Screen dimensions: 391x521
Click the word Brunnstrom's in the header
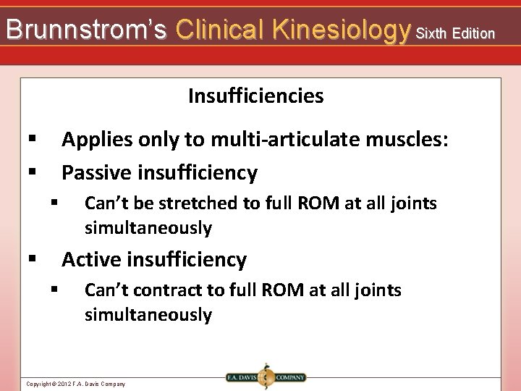click(x=86, y=30)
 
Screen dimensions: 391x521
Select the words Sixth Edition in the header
click(x=456, y=33)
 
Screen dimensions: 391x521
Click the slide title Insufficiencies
click(x=255, y=96)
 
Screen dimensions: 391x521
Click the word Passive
click(x=98, y=172)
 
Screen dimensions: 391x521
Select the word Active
click(x=92, y=259)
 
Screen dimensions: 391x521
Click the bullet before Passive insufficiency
click(x=32, y=172)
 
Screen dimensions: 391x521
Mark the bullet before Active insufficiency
click(x=32, y=258)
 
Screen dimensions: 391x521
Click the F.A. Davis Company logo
click(x=265, y=377)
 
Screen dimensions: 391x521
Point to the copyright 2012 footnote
click(x=75, y=384)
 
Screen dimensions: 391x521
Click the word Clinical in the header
click(x=220, y=30)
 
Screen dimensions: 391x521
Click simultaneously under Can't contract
click(x=148, y=315)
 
